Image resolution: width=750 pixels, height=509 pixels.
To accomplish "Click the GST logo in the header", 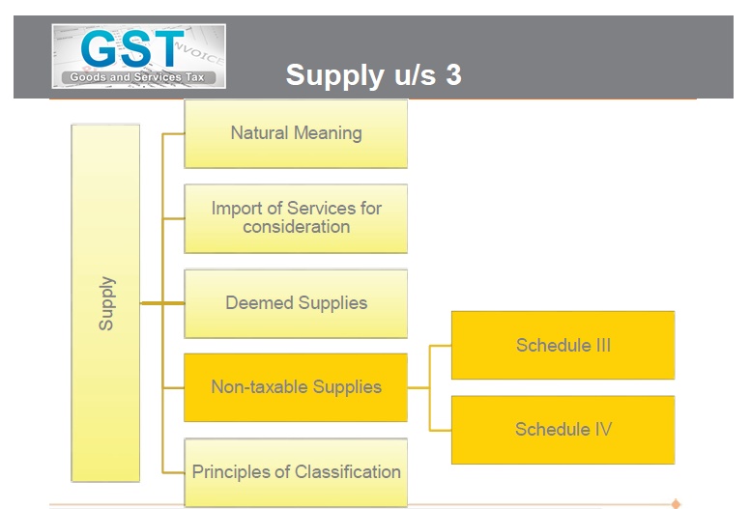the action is [138, 54].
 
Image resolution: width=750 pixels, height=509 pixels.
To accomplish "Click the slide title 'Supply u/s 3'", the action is [373, 75].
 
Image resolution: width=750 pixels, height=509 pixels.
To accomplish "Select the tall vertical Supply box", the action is [105, 302].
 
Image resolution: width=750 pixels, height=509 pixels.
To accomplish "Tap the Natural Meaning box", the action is [296, 133].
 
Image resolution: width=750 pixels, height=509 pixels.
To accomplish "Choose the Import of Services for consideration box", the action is [296, 217].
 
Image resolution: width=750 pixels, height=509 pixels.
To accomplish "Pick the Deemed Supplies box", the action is [296, 302].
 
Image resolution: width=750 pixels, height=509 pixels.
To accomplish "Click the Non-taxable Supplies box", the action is [296, 386].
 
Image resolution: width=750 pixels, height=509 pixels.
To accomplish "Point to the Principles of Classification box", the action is [296, 471].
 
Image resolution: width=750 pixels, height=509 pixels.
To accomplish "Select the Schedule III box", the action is [562, 345].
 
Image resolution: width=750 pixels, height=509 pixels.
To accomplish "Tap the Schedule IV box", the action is [562, 429].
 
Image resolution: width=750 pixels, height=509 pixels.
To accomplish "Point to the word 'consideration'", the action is [296, 227].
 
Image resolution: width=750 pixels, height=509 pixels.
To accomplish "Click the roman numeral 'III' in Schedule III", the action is [601, 345].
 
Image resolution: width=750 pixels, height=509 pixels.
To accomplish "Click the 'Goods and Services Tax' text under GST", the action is [130, 76].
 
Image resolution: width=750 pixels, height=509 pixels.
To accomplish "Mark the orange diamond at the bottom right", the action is [676, 503].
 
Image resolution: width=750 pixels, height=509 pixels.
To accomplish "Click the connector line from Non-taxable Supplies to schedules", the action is [428, 386].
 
